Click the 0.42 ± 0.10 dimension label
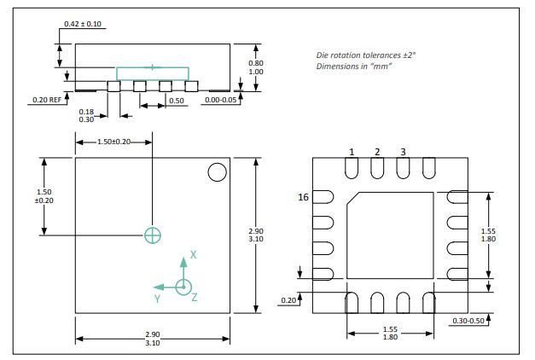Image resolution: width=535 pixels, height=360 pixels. coord(83,23)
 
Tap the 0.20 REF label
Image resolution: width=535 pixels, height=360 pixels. coord(46,100)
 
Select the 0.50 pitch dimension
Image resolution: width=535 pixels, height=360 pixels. coord(177,101)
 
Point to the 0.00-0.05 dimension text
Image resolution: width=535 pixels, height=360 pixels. coord(223,100)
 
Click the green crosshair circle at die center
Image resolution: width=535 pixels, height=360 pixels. coord(153,235)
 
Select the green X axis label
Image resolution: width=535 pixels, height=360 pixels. coord(194,254)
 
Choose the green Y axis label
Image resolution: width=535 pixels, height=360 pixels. coord(158,299)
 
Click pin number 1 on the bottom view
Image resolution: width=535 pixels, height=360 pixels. coord(351,152)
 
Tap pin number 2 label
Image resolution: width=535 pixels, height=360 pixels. coord(376,152)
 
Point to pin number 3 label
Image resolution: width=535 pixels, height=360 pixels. coord(403,152)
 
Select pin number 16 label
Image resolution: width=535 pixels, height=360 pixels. coord(302,197)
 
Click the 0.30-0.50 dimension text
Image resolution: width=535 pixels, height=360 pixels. coord(471,320)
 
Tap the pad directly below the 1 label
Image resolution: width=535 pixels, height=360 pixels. coord(351,170)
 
